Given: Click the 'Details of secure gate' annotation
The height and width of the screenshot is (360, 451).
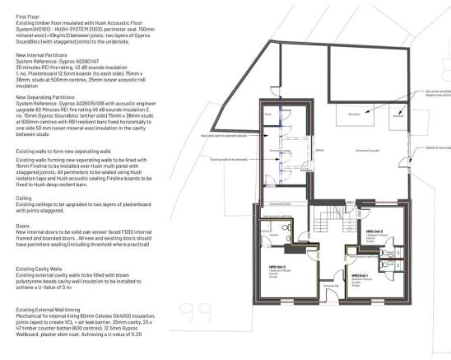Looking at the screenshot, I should click(x=436, y=147).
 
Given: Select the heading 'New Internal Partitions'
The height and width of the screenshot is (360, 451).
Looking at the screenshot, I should click(x=30, y=52).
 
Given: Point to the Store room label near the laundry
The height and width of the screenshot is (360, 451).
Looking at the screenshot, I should click(x=267, y=116).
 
